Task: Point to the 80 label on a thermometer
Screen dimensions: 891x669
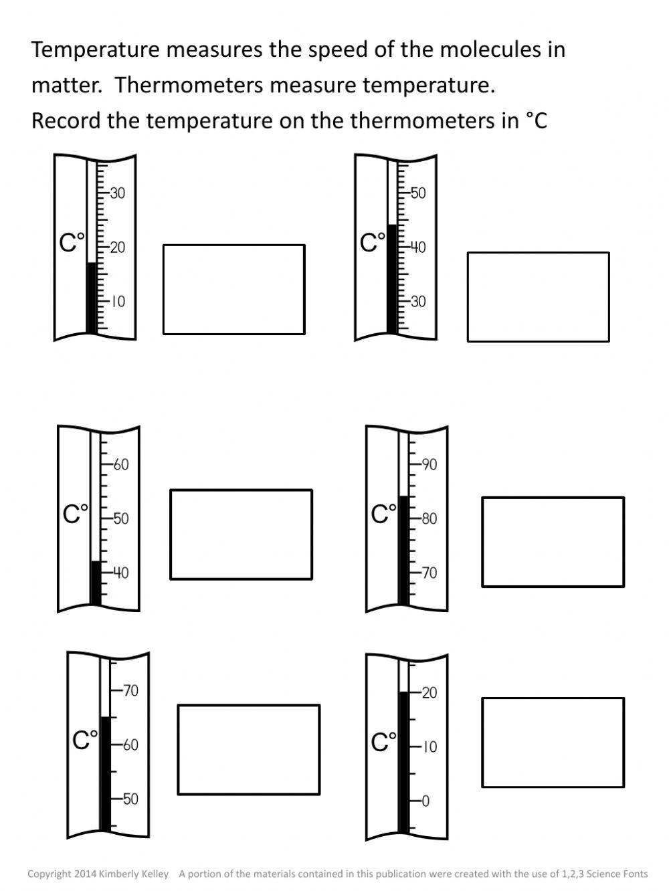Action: tap(429, 518)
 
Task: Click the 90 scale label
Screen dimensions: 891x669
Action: tap(429, 464)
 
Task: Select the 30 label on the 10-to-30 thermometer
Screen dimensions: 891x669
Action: tap(118, 193)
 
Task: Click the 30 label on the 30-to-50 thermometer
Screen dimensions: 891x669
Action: tap(418, 302)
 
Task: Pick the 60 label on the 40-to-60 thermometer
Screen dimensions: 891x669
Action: tap(121, 464)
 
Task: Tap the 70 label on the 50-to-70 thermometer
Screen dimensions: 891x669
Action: tap(130, 690)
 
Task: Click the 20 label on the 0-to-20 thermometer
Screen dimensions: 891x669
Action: tap(429, 693)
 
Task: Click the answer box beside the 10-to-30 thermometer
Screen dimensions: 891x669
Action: tap(233, 289)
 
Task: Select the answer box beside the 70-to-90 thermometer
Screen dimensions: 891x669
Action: tap(553, 542)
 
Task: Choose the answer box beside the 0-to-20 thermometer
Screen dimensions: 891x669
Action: tap(553, 742)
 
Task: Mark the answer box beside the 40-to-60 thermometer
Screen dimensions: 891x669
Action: tap(241, 534)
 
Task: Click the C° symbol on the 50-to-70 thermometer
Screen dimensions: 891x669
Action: tap(85, 740)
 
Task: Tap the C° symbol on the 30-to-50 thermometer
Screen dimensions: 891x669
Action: tap(373, 242)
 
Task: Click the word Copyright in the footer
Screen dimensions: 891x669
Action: tap(49, 874)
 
